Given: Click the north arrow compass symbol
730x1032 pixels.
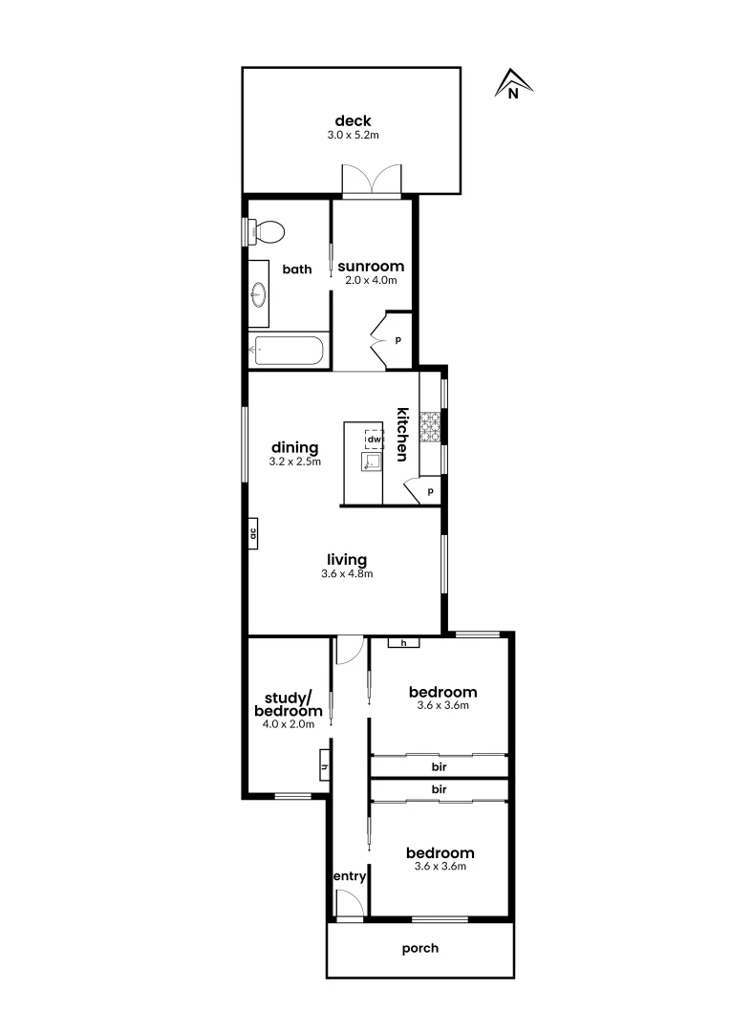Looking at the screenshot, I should [513, 85].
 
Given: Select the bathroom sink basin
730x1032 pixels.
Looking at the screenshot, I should [258, 294].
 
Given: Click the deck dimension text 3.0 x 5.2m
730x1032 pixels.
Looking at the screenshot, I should [353, 136].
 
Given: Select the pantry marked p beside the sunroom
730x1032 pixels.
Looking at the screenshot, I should [397, 339].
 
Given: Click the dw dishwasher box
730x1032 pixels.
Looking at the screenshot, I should [374, 439].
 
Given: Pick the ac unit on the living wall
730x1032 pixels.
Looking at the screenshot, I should [253, 534].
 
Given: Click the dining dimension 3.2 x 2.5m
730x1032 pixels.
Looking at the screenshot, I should [294, 462].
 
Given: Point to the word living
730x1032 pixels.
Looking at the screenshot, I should [347, 560].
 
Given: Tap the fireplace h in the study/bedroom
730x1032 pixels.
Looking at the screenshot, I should [325, 766].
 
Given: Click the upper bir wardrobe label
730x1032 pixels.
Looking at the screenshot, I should [440, 766].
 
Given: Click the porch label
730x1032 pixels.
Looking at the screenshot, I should [420, 948].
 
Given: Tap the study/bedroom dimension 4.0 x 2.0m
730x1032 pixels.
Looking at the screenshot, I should [288, 724].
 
